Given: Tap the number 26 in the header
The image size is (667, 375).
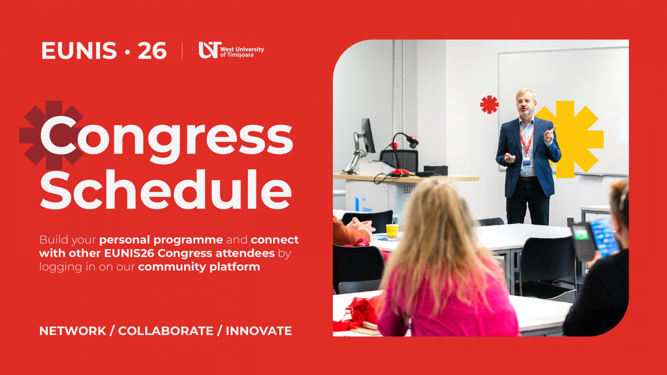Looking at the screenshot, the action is point(152,51).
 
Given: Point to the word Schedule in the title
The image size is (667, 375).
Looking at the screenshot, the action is point(166,189).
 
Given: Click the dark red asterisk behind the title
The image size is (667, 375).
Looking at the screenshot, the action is point(51,135).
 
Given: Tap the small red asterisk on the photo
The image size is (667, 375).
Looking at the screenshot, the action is point(489,105).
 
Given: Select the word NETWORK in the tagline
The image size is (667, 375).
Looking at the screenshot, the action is point(73,331).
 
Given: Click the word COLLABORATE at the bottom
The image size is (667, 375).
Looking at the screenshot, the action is point(166,331).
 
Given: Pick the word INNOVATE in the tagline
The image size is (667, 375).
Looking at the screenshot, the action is point(259,331).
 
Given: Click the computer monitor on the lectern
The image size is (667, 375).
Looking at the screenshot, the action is point(368,135).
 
